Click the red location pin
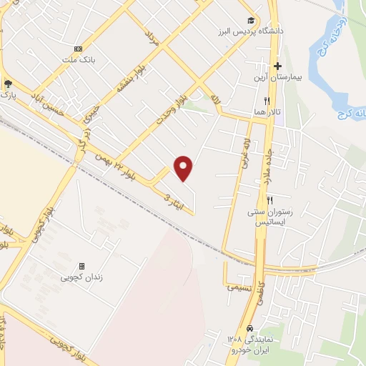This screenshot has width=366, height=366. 184,167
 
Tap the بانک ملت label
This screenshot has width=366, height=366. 78,59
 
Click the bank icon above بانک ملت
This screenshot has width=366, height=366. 78,49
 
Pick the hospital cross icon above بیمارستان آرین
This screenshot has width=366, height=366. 277,66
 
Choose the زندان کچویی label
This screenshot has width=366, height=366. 81,276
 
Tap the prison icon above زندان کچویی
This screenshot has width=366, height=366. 81,265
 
